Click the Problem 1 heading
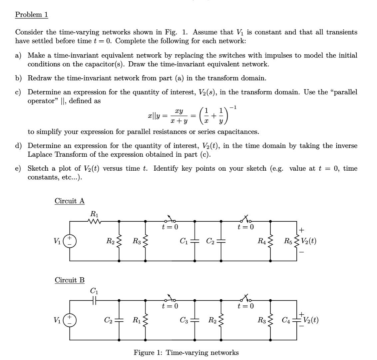click(x=32, y=15)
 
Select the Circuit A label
click(x=70, y=201)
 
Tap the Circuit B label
click(x=70, y=280)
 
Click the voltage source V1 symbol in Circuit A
click(x=70, y=241)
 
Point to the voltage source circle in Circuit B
click(x=70, y=320)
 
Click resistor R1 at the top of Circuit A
click(x=95, y=221)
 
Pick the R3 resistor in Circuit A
click(x=146, y=241)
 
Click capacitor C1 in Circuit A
click(x=195, y=241)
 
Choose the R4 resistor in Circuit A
click(x=270, y=241)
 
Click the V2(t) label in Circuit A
click(x=308, y=241)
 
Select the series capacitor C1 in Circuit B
click(x=94, y=300)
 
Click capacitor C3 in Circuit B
click(x=195, y=320)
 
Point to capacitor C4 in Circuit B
click(x=296, y=320)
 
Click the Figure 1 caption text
click(x=186, y=353)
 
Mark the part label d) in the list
click(x=18, y=146)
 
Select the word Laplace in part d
click(x=40, y=155)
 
